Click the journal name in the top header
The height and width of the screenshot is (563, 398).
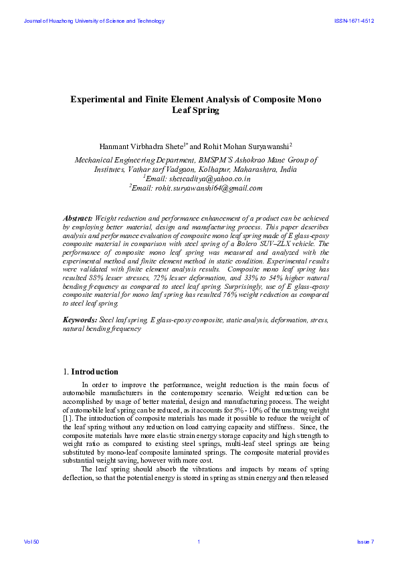94,21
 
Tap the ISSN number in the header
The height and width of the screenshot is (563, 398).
354,21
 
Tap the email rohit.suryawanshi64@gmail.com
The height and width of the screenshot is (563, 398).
201,189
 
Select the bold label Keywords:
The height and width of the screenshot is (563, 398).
80,321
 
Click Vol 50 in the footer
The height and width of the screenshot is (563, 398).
31,541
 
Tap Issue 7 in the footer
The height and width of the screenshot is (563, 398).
365,541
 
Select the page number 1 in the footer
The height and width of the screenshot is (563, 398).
199,541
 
